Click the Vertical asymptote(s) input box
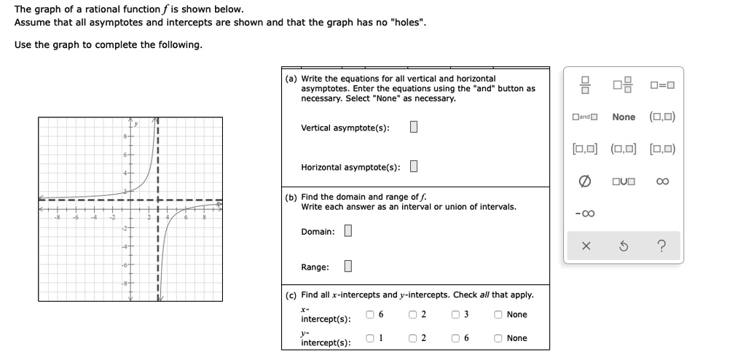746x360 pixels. (413, 128)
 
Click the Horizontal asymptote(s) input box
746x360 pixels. (413, 167)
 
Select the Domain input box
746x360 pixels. (348, 231)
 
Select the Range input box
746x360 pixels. (348, 267)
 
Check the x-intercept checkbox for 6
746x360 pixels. (371, 315)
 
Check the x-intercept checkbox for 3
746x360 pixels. (455, 315)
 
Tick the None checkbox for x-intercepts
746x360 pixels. (498, 315)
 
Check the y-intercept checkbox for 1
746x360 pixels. (371, 338)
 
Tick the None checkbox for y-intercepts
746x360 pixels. (498, 338)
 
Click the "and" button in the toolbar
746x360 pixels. (584, 117)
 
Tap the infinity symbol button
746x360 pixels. (661, 181)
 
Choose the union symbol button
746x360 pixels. (623, 181)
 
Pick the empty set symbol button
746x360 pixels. (584, 181)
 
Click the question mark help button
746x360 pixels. (661, 246)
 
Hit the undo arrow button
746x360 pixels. (623, 246)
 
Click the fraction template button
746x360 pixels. (584, 85)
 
